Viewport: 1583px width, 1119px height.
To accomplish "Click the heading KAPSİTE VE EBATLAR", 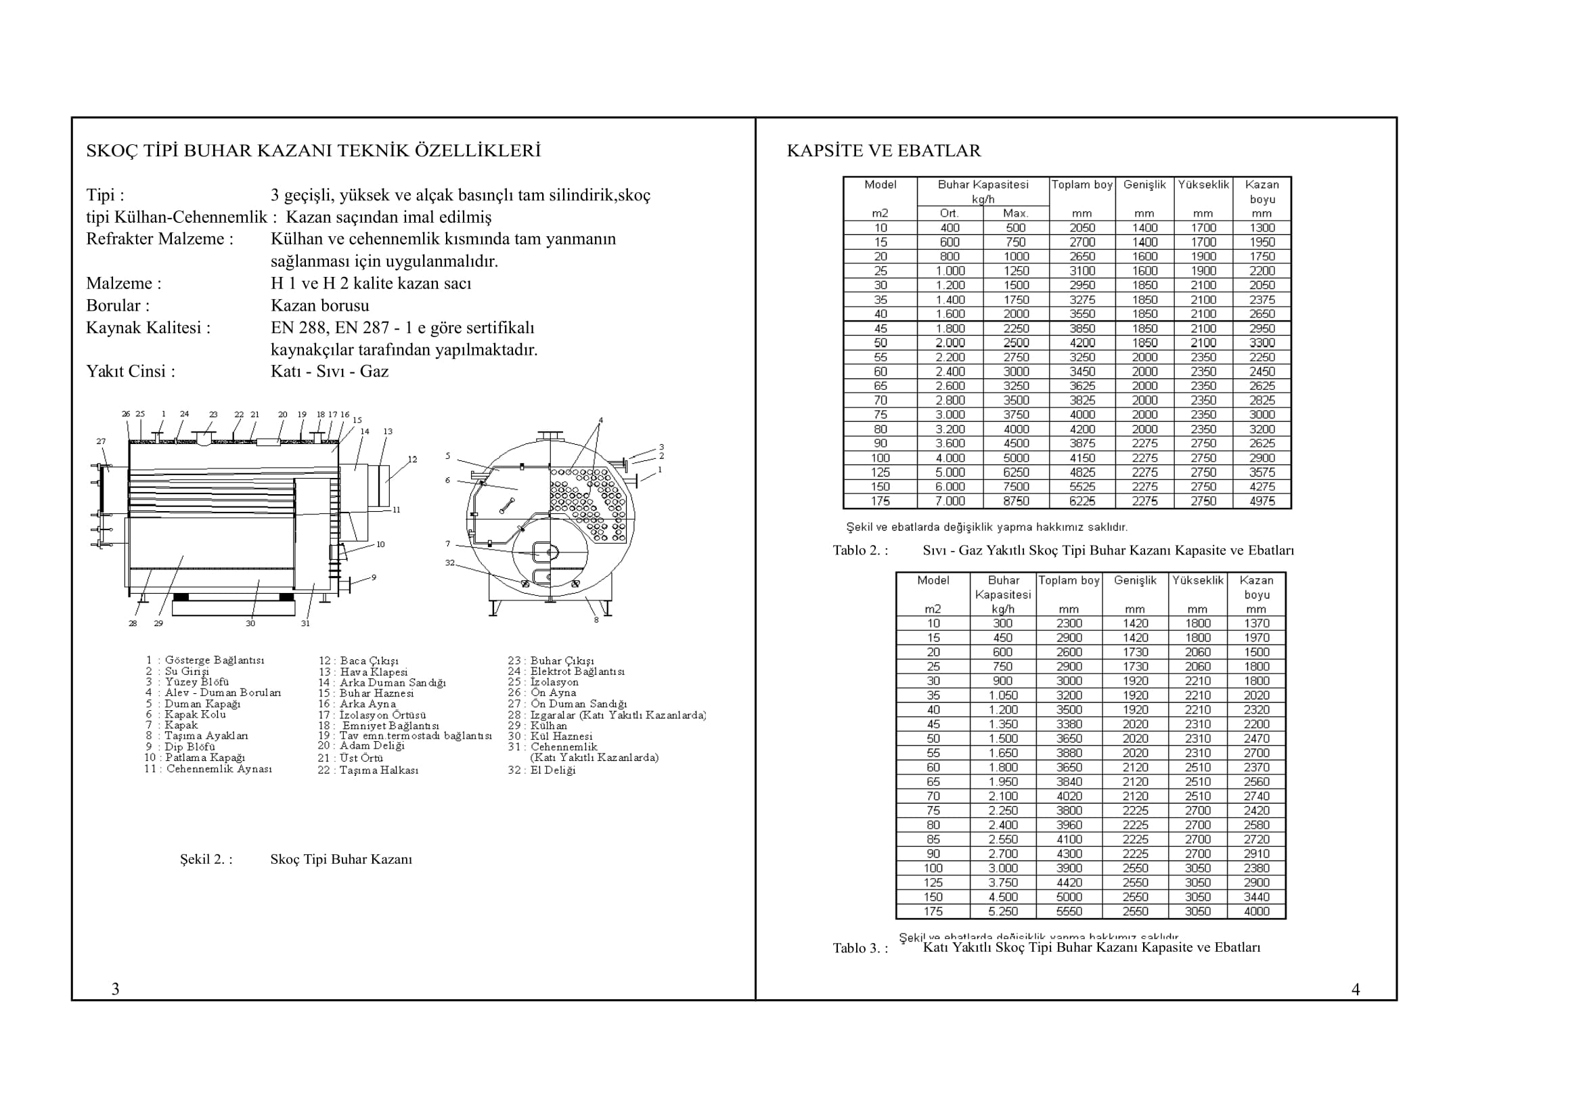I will click(x=884, y=151).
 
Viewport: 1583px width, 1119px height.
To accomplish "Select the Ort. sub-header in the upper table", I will click(x=950, y=214).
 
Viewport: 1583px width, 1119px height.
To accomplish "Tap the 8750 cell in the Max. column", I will click(x=1016, y=501).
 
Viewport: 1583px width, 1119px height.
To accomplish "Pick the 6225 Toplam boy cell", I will click(x=1082, y=501).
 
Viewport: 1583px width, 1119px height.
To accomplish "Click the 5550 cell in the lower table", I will click(x=1069, y=911).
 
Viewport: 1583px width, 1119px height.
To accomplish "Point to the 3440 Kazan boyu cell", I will click(x=1256, y=897).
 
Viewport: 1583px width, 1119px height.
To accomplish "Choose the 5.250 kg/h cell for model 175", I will click(x=1002, y=911).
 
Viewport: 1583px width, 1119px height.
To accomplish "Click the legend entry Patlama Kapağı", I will click(x=205, y=758).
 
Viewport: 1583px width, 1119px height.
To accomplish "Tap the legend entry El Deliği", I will click(x=552, y=770).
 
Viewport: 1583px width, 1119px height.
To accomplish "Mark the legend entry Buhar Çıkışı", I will click(x=562, y=661).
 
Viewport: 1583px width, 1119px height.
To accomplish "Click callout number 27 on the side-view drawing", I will click(x=102, y=441).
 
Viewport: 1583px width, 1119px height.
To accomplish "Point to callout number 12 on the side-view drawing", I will click(x=412, y=459).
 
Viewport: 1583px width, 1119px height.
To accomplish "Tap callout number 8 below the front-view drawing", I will click(x=596, y=620).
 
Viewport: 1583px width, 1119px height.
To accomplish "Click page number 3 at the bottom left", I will click(x=116, y=990).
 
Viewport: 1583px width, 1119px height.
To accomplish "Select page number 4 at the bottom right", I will click(x=1356, y=990).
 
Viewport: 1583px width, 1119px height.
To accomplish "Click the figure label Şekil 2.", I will click(x=206, y=860).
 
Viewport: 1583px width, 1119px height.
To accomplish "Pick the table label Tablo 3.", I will click(x=860, y=948).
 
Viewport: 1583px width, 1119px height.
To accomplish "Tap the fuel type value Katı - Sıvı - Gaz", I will click(x=330, y=372).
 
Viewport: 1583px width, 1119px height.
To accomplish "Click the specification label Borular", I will click(x=117, y=305).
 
